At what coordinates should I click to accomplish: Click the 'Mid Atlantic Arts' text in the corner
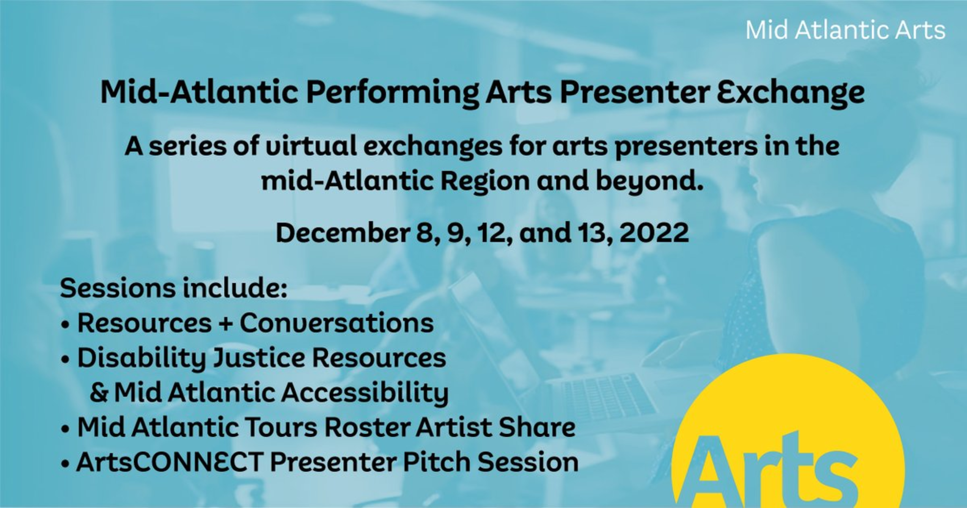(x=845, y=30)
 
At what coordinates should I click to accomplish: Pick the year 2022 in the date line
(x=654, y=233)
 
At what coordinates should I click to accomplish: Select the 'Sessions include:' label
(x=174, y=288)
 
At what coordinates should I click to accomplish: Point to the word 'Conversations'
(x=337, y=323)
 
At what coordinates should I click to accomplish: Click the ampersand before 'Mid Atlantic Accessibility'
(x=99, y=392)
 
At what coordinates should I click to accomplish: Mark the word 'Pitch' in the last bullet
(x=436, y=462)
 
